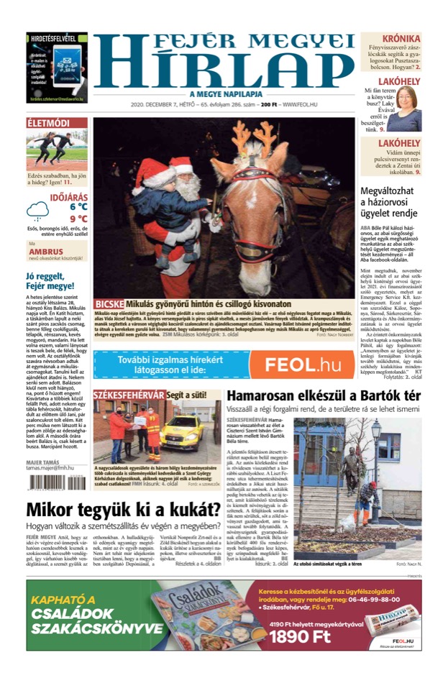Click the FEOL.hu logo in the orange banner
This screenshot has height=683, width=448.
click(302, 365)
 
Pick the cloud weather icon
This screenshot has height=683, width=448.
click(37, 211)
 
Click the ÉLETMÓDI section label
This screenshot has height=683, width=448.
click(48, 123)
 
